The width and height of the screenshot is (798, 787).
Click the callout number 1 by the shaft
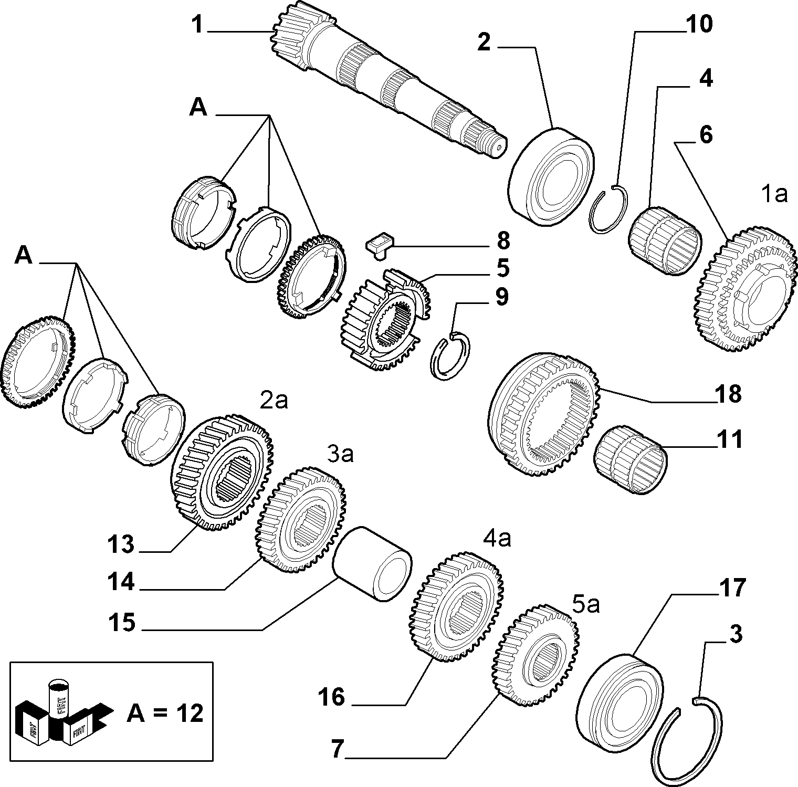197,25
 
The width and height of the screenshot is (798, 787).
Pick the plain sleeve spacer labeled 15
372,563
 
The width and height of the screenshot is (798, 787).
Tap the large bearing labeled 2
551,176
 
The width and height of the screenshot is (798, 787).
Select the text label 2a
274,401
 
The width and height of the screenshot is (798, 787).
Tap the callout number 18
727,394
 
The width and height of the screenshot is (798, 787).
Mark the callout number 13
122,544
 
